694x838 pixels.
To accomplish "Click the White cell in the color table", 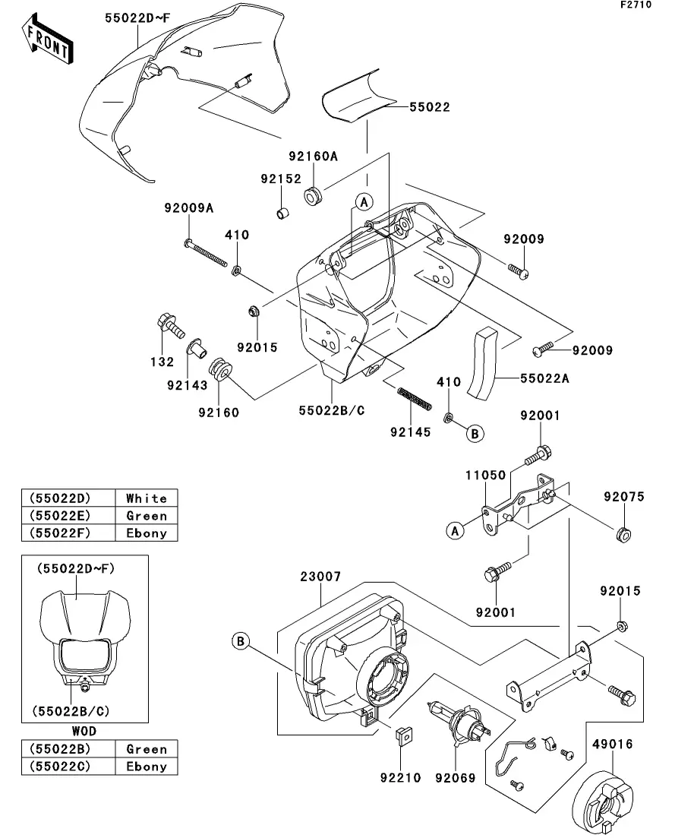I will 146,498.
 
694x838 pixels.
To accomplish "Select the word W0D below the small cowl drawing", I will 84,731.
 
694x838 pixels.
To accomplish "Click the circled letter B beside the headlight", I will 240,641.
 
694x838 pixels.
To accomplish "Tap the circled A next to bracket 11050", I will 455,531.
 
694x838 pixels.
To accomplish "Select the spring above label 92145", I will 415,399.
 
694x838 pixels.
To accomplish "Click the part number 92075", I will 623,497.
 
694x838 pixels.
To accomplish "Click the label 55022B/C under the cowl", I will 331,410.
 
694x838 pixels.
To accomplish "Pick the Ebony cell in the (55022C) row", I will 146,766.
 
